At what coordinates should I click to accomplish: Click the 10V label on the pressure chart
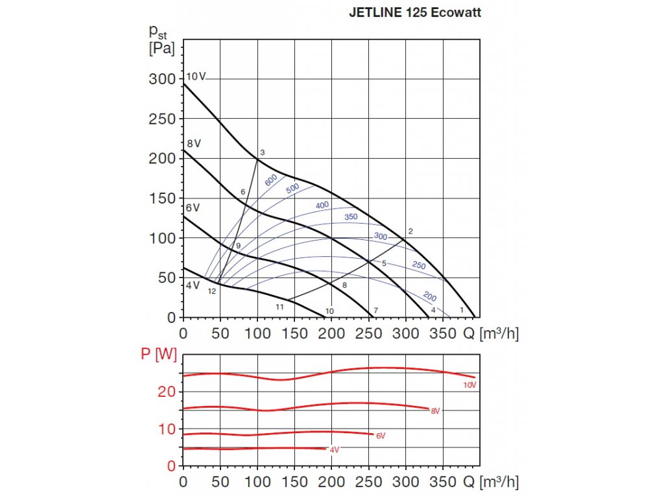click(x=196, y=77)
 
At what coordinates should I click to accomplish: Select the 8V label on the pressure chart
click(x=193, y=143)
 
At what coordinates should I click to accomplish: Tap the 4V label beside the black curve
click(x=193, y=285)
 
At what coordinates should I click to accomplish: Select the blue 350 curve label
click(x=351, y=217)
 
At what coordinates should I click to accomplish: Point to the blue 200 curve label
click(x=429, y=296)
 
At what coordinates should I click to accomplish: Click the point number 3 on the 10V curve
click(x=263, y=152)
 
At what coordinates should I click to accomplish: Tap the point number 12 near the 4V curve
click(x=212, y=291)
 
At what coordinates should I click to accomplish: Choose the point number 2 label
click(x=410, y=231)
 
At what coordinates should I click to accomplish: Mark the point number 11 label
click(x=280, y=306)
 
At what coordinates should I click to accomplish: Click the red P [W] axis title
click(x=159, y=353)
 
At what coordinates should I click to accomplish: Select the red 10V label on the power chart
click(x=469, y=385)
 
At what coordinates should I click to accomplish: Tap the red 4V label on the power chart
click(x=334, y=450)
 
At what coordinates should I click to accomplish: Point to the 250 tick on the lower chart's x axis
click(x=369, y=482)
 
